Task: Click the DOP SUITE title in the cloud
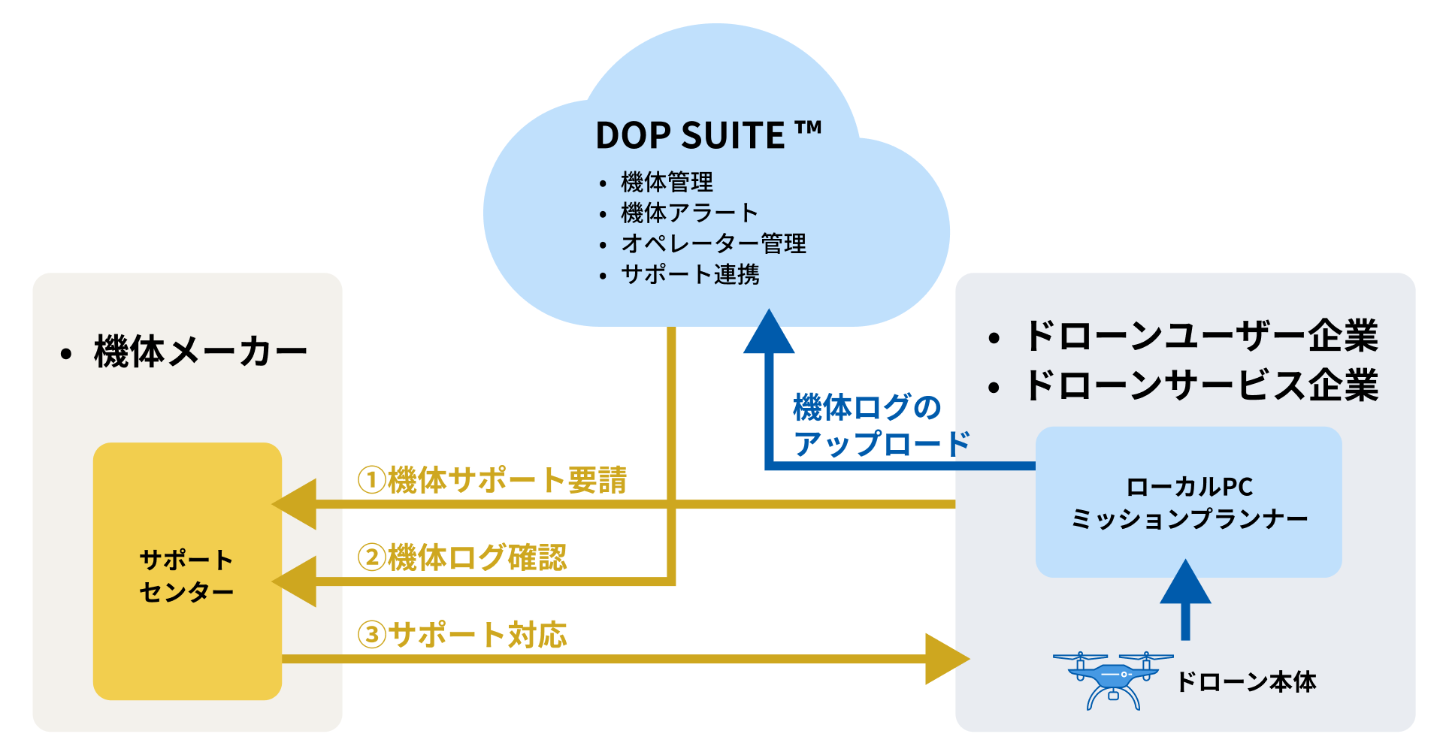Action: tap(707, 135)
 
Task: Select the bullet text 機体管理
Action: tap(667, 182)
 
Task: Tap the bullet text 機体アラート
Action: tap(689, 213)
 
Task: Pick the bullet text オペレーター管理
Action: tap(713, 243)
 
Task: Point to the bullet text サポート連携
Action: tap(690, 274)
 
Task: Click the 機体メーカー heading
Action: tap(200, 352)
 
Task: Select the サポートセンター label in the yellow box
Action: tap(186, 575)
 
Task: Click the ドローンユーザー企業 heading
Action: tap(1201, 335)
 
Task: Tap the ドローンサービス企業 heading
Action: tap(1201, 385)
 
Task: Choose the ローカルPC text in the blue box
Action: tap(1189, 487)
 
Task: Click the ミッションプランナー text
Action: tap(1189, 518)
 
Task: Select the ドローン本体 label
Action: tap(1245, 681)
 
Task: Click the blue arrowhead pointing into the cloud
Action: tap(769, 333)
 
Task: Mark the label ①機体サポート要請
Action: tap(492, 480)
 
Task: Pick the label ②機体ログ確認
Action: tap(462, 557)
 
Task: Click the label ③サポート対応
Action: tap(462, 635)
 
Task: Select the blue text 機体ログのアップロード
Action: tap(880, 425)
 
